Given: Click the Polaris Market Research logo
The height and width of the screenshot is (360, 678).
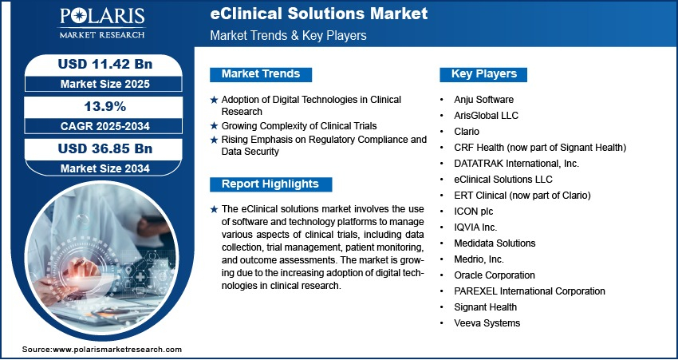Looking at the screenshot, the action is point(102,23).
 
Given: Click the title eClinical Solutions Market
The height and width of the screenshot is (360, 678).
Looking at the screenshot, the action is point(319,14).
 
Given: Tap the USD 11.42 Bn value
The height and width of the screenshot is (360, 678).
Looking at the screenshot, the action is point(105,64).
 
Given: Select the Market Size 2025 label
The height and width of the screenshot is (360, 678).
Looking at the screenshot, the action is point(105,84).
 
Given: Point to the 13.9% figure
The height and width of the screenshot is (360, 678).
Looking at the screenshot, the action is point(105,106).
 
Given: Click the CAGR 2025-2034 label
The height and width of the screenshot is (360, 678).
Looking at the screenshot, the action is point(105,126).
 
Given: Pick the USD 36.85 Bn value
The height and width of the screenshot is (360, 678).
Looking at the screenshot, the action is point(105,148).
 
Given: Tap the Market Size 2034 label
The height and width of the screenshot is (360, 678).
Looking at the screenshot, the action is point(105,168).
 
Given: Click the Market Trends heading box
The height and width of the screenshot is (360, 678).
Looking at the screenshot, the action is point(261,74).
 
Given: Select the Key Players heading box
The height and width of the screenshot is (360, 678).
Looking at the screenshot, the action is point(483,74).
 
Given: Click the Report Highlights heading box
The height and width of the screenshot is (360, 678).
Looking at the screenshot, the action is point(270,184).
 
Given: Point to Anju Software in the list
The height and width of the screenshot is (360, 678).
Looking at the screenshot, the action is point(484,100).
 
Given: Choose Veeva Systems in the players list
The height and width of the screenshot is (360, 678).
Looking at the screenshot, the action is point(487,322).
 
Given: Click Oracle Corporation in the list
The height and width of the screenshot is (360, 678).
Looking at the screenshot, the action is point(495,275).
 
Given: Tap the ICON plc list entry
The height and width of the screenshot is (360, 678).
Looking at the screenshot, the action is point(474,212).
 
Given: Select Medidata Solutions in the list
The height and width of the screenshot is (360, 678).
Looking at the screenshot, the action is point(495,243).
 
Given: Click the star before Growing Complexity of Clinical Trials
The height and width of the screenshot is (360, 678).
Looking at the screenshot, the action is point(214,126).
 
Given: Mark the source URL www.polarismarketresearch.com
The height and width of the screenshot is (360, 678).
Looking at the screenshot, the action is point(117,350).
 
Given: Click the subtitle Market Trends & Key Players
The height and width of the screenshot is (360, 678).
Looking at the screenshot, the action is point(289,35).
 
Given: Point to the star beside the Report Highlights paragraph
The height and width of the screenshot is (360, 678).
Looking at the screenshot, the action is point(214,209).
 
